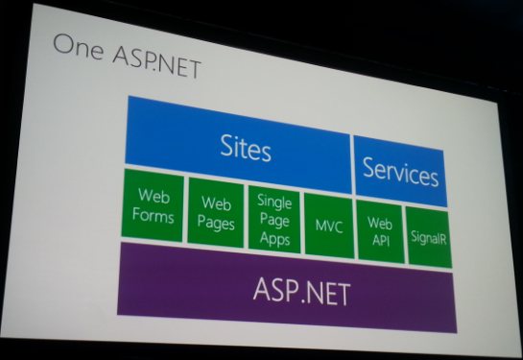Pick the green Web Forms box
[x=155, y=204]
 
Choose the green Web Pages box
[x=215, y=211]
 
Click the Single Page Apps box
[x=273, y=218]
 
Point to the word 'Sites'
[x=246, y=149]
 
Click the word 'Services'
[x=400, y=174]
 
